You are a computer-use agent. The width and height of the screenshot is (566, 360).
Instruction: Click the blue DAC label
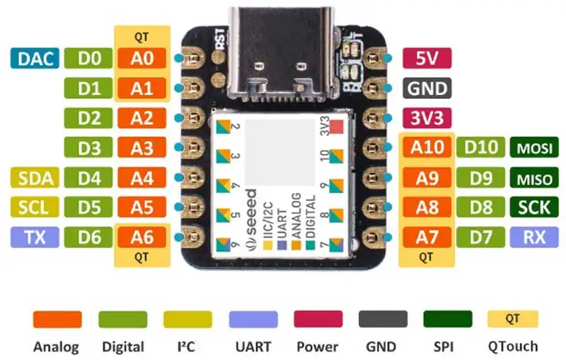coord(35,58)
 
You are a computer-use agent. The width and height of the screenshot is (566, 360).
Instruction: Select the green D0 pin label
coord(88,58)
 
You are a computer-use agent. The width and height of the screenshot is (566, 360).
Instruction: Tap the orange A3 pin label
coord(142,147)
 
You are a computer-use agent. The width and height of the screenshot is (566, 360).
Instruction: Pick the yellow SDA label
coord(35,178)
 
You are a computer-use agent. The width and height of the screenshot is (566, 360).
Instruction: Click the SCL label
coord(35,207)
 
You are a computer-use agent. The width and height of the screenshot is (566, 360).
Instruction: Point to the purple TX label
coord(35,237)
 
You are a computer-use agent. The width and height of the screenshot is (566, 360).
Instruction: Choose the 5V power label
coord(427,58)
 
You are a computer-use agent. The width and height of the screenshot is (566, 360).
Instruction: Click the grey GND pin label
coord(427,88)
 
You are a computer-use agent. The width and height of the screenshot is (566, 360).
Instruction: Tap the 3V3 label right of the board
coord(427,118)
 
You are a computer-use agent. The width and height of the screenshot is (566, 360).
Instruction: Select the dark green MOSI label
coord(534,147)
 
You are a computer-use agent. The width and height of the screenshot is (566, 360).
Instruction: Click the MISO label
coord(534,178)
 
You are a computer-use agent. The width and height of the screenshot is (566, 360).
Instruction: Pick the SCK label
coord(534,207)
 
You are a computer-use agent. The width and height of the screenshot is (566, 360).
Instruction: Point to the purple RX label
coord(534,237)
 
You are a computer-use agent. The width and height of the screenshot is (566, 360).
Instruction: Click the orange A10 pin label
coord(427,147)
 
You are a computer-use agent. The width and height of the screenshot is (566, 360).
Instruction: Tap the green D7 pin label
coord(480,237)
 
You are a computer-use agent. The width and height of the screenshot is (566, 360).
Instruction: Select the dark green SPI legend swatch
coord(448,319)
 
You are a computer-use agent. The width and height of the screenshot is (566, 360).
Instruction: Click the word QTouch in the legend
coord(513,347)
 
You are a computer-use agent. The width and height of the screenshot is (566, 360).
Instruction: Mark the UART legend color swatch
coord(253,319)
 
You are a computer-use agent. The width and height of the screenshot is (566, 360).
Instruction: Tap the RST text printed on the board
coord(220,39)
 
